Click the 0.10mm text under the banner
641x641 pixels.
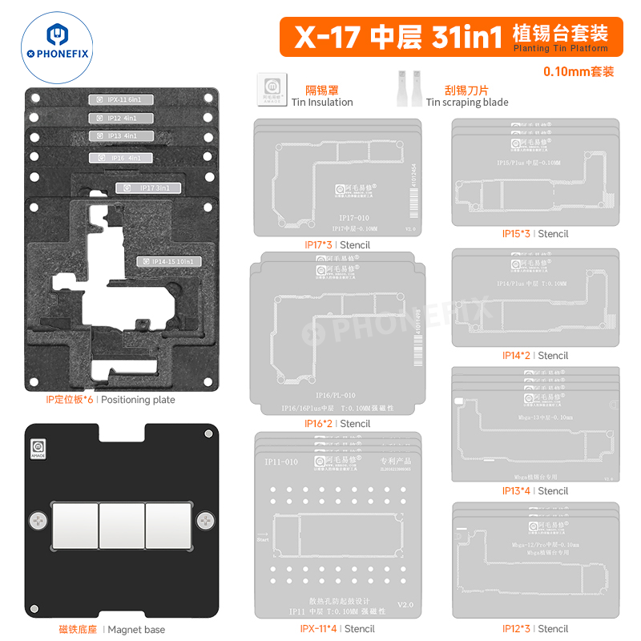[x=579, y=72]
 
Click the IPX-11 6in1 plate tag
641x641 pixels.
[x=120, y=100]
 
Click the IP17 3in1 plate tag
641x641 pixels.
[x=148, y=188]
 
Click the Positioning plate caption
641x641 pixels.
[x=111, y=400]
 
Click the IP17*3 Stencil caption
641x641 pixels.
[x=336, y=244]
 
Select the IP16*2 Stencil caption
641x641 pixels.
[x=337, y=424]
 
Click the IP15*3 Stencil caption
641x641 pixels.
[x=535, y=234]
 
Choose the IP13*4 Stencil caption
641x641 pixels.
[x=535, y=491]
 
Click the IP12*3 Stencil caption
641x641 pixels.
[x=535, y=629]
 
